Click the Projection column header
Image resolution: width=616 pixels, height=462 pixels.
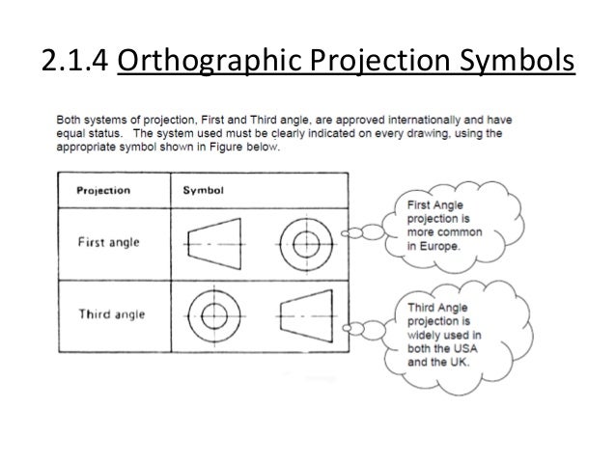pos(104,190)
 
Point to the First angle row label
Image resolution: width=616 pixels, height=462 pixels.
pos(108,241)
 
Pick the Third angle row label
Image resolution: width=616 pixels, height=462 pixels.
pos(108,313)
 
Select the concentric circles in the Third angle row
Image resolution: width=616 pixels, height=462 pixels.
pos(213,314)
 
